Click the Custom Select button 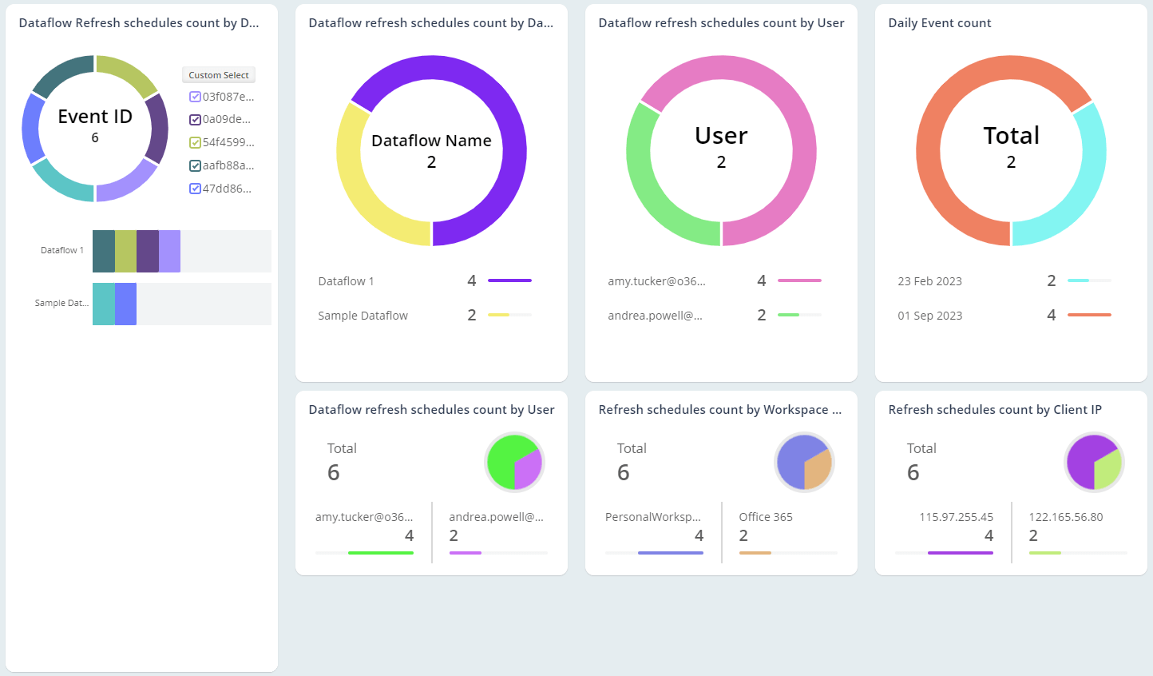click(x=218, y=75)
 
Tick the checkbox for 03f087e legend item click(x=195, y=97)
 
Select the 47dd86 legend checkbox click(x=195, y=189)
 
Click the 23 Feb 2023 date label click(x=929, y=281)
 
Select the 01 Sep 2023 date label click(x=929, y=316)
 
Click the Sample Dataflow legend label click(x=363, y=316)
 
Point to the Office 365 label click(x=765, y=517)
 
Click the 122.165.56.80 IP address click(x=1065, y=517)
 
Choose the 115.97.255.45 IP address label click(x=956, y=517)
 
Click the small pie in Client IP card click(x=1094, y=462)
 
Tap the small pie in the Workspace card click(x=804, y=462)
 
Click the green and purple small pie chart click(x=514, y=462)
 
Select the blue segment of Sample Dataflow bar click(x=125, y=304)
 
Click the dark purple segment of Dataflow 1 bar click(x=148, y=251)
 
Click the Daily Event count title click(x=939, y=23)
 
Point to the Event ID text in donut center click(x=95, y=117)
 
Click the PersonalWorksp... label click(x=652, y=517)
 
